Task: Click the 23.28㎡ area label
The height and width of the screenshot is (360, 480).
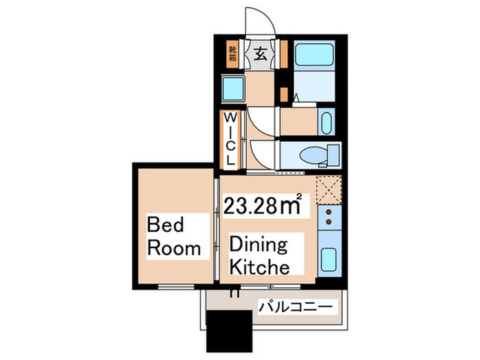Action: [x=263, y=205]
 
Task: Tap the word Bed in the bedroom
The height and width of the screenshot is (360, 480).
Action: [x=165, y=224]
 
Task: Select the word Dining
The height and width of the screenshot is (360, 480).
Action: [x=259, y=244]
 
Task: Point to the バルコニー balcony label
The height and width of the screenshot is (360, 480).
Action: [x=296, y=307]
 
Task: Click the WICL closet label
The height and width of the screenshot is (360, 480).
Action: [x=230, y=139]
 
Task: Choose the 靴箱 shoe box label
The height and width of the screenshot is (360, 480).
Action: [x=232, y=53]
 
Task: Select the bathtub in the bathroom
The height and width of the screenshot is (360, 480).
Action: [x=314, y=54]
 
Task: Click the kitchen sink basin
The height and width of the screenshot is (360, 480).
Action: [x=328, y=259]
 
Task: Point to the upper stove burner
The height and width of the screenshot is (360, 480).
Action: [x=329, y=212]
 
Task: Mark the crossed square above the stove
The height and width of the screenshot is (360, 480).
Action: [x=328, y=190]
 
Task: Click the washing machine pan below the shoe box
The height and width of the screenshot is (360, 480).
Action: [x=233, y=88]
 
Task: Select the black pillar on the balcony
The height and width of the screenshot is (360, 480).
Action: [x=229, y=331]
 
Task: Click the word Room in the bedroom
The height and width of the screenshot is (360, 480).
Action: [x=174, y=248]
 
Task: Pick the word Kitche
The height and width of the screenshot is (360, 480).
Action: [x=259, y=267]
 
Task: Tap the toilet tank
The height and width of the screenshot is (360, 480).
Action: [x=333, y=154]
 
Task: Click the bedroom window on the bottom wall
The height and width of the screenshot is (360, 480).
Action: [x=176, y=287]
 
